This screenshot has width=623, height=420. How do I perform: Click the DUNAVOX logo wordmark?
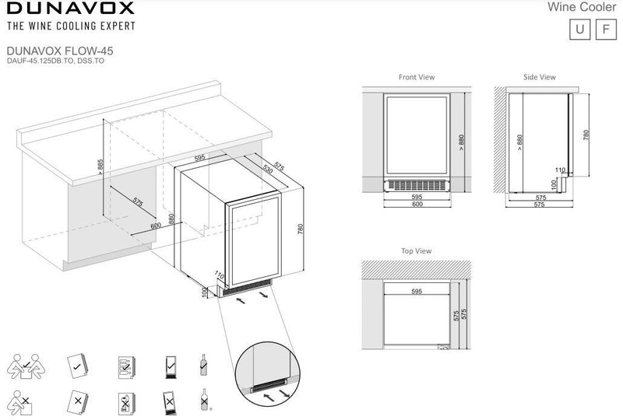pos(71,8)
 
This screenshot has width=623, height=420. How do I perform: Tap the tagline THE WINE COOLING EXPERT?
pos(71,26)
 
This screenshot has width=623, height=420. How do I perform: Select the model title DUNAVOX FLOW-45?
pos(60,51)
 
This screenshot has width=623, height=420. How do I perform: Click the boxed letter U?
pos(579,29)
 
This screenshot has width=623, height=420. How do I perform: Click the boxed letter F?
pos(606,29)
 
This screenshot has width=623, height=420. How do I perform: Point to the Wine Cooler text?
pos(582,7)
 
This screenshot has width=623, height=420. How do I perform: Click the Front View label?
pos(417,77)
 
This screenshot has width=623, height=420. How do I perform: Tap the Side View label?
pos(540,77)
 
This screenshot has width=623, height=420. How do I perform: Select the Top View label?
pos(416,251)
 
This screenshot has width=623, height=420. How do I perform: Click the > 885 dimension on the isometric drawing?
pos(100,167)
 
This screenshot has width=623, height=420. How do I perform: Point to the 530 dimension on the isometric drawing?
pos(268,170)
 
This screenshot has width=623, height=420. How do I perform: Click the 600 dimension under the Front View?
pos(417,204)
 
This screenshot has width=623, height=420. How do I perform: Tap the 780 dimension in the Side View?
pos(586,135)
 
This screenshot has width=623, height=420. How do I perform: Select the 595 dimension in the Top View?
pos(417,292)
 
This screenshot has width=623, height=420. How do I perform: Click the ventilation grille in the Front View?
pos(417,185)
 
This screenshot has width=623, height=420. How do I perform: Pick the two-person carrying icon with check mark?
pos(26,366)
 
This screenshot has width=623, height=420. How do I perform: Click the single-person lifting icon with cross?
pos(20,402)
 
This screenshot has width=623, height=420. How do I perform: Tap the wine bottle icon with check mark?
pos(203,365)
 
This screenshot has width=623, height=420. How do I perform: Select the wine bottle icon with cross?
pos(204,400)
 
